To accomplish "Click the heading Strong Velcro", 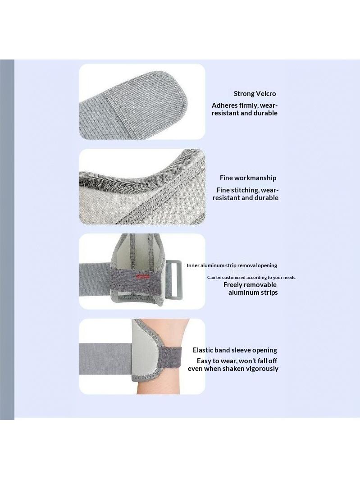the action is click(x=255, y=94).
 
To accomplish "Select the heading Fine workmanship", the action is click(x=248, y=178).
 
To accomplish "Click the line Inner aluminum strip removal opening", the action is click(x=232, y=265).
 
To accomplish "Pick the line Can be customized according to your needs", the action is click(x=251, y=277).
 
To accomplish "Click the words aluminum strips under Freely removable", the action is click(x=253, y=293).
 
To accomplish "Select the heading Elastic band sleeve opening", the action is click(x=235, y=350).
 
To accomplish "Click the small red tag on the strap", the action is click(x=142, y=276).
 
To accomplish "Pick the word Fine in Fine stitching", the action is click(x=223, y=190).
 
